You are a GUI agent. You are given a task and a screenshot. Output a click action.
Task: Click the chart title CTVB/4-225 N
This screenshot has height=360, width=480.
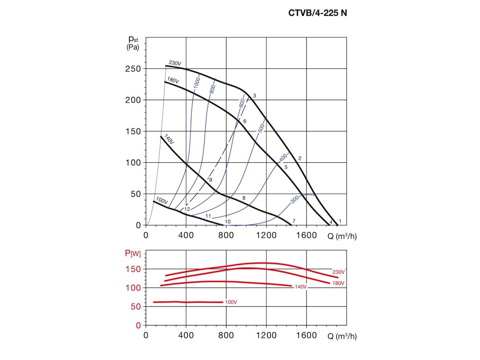317,13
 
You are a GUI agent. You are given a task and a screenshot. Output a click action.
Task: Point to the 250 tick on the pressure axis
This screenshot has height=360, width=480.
133,69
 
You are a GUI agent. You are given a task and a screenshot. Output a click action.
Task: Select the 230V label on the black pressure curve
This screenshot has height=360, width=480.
175,63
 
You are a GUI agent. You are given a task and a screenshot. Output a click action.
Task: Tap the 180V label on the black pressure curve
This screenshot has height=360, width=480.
173,81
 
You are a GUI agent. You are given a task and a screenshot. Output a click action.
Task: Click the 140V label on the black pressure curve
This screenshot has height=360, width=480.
169,139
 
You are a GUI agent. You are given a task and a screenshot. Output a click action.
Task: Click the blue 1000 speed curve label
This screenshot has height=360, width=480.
197,82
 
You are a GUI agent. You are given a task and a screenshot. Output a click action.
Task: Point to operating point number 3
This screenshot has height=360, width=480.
254,96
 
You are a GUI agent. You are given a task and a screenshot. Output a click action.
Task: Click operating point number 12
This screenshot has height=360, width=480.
187,209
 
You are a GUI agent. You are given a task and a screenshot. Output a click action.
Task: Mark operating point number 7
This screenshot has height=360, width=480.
294,221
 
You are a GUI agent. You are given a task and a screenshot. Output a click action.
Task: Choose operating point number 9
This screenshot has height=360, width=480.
211,180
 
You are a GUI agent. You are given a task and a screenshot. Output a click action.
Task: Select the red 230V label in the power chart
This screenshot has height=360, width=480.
338,272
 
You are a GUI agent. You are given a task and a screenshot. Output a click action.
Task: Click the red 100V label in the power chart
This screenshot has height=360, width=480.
231,302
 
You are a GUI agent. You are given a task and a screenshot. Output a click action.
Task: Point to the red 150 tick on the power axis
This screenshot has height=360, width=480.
133,269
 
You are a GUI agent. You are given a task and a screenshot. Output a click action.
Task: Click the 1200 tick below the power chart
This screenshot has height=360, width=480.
266,336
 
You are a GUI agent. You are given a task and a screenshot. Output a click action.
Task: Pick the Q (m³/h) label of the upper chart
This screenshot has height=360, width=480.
342,236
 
